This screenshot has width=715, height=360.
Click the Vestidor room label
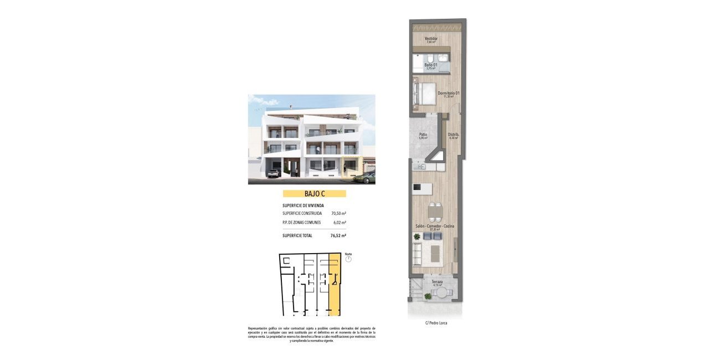431,39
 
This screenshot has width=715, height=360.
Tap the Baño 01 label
431,65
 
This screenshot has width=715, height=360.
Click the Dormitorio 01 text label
448,93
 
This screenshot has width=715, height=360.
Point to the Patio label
423,135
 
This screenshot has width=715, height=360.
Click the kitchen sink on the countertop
420,166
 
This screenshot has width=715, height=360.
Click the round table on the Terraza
439,293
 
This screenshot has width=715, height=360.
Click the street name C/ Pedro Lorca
436,323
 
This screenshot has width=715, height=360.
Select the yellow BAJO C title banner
314,194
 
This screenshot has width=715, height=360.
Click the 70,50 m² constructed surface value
338,213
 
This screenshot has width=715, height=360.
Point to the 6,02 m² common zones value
340,223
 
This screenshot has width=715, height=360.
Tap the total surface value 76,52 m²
338,235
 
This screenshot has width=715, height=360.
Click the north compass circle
348,259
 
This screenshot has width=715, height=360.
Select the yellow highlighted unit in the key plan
335,285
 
